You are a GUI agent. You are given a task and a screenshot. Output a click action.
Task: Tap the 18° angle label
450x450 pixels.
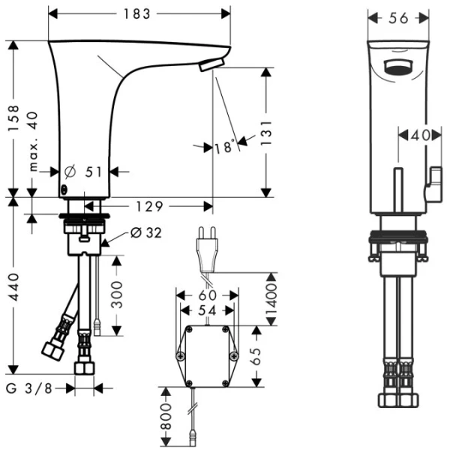pos(223,147)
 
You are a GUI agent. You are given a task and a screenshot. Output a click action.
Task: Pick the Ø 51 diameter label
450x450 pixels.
pos(84,172)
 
